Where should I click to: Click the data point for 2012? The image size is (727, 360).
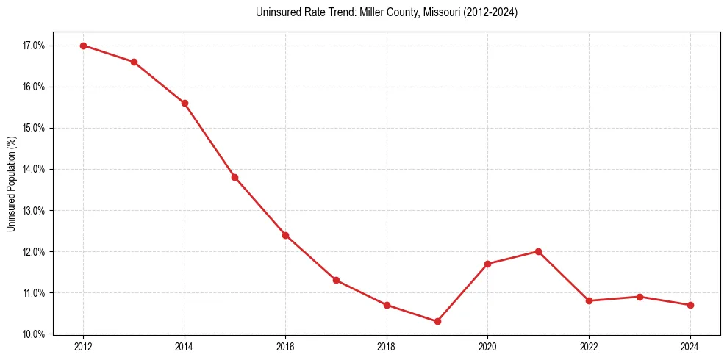coord(83,46)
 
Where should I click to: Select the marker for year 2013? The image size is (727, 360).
coord(134,62)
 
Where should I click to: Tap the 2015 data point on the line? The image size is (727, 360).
coord(235,177)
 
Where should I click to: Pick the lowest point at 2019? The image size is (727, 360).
coord(437,321)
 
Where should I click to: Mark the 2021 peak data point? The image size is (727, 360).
coord(538,251)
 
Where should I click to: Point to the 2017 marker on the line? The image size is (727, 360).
coord(336,280)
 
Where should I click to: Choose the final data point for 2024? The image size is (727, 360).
coord(690,305)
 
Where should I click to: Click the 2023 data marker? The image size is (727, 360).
coord(640,297)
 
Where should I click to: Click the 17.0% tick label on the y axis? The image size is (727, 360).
coord(34,46)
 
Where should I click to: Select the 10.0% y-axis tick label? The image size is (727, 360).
coord(34,334)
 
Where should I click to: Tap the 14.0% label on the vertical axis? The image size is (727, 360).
coord(34,169)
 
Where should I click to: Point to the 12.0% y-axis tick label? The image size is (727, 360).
coord(34,252)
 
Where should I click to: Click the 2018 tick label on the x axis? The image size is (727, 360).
coord(387,347)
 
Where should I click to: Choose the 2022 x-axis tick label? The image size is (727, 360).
coord(589,347)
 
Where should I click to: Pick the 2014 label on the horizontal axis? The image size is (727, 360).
coord(185,347)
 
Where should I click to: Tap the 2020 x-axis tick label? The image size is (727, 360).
coord(487,347)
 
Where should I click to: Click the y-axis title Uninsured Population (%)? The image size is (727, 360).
coord(12,184)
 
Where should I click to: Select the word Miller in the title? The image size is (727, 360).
coord(371,12)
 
